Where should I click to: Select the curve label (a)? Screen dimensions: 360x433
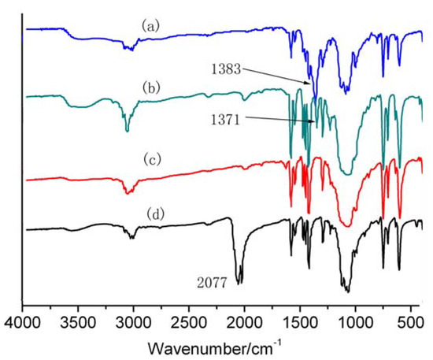click(x=151, y=25)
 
